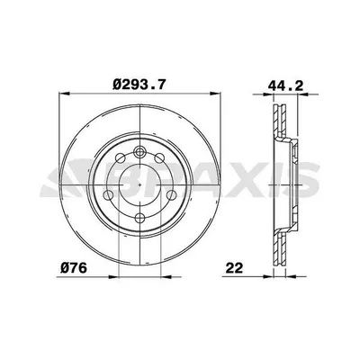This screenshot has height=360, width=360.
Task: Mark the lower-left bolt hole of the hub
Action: point(111,198)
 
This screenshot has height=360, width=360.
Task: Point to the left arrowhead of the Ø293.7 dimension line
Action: point(62,95)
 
